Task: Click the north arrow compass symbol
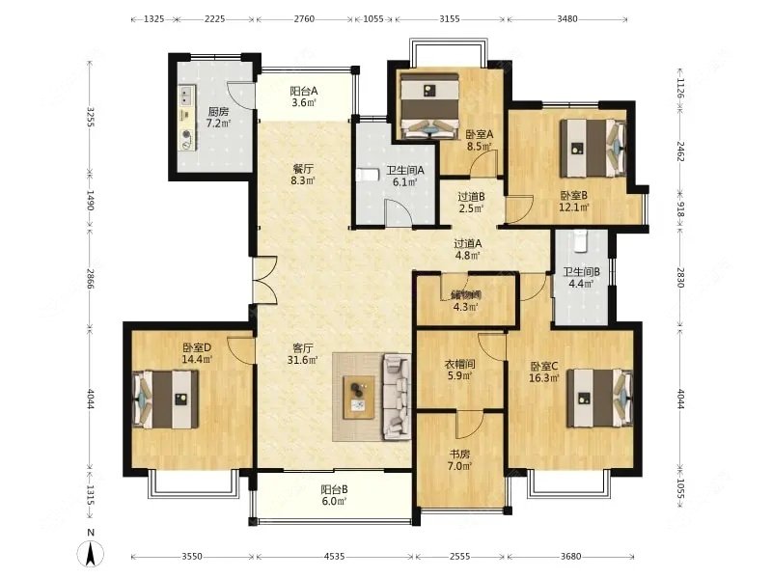coord(90,553)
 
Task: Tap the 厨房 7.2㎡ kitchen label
coord(218,117)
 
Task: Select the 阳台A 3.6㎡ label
coord(303,96)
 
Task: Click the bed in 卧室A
coord(429,105)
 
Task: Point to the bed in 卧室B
coord(593,148)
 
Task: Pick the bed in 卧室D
coord(166,399)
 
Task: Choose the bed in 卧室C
coord(599,398)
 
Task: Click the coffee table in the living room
coord(359,398)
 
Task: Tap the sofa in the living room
coord(397,396)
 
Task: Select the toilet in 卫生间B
coord(582,240)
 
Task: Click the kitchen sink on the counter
coord(186,96)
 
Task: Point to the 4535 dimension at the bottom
coord(334,557)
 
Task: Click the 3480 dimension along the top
coord(567,18)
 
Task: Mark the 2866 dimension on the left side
coord(90,279)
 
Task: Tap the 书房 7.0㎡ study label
coord(460,460)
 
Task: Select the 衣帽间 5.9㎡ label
coord(460,370)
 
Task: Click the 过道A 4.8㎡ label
coord(467,249)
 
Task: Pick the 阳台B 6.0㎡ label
coord(334,495)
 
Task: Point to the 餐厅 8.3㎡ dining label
coord(302,174)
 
